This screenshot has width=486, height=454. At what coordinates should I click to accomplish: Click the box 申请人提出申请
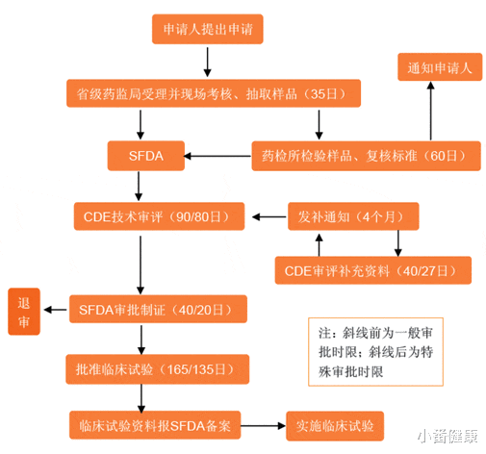[x=207, y=30]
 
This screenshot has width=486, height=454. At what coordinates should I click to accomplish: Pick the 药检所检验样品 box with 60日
[x=365, y=155]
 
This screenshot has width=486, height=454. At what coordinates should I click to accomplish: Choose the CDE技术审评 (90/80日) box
[x=160, y=214]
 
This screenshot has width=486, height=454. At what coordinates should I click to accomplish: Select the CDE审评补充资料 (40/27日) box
[x=373, y=270]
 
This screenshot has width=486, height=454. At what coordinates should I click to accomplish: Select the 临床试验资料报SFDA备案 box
[x=156, y=423]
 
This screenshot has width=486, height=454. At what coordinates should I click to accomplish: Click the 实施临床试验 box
[x=335, y=423]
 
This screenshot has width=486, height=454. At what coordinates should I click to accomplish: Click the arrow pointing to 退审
[x=56, y=309]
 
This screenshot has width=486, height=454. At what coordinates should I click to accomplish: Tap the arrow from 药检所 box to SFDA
[x=217, y=156]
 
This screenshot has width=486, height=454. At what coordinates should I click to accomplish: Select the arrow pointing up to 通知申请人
[x=431, y=111]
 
